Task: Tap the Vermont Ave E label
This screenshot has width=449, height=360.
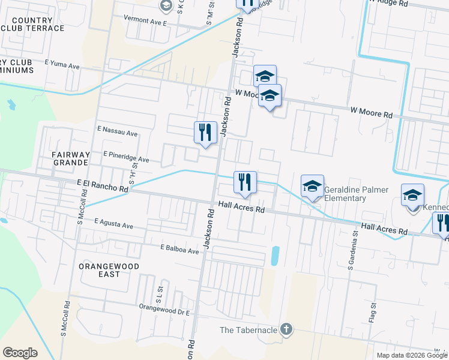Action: (x=144, y=19)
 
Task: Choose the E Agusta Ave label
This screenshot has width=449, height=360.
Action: (x=114, y=224)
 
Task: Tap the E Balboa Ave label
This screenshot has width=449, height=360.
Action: (x=179, y=249)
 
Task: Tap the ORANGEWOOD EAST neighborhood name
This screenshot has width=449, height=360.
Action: (x=109, y=270)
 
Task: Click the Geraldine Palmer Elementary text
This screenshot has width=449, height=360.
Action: (x=352, y=194)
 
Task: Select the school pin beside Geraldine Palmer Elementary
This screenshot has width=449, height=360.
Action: (x=312, y=187)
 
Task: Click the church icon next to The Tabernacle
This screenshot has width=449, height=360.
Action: (x=286, y=329)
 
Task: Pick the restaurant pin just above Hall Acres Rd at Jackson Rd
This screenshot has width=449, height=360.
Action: (x=245, y=182)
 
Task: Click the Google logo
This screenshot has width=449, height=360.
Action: (x=20, y=353)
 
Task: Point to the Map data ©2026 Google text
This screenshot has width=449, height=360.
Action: (x=412, y=355)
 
